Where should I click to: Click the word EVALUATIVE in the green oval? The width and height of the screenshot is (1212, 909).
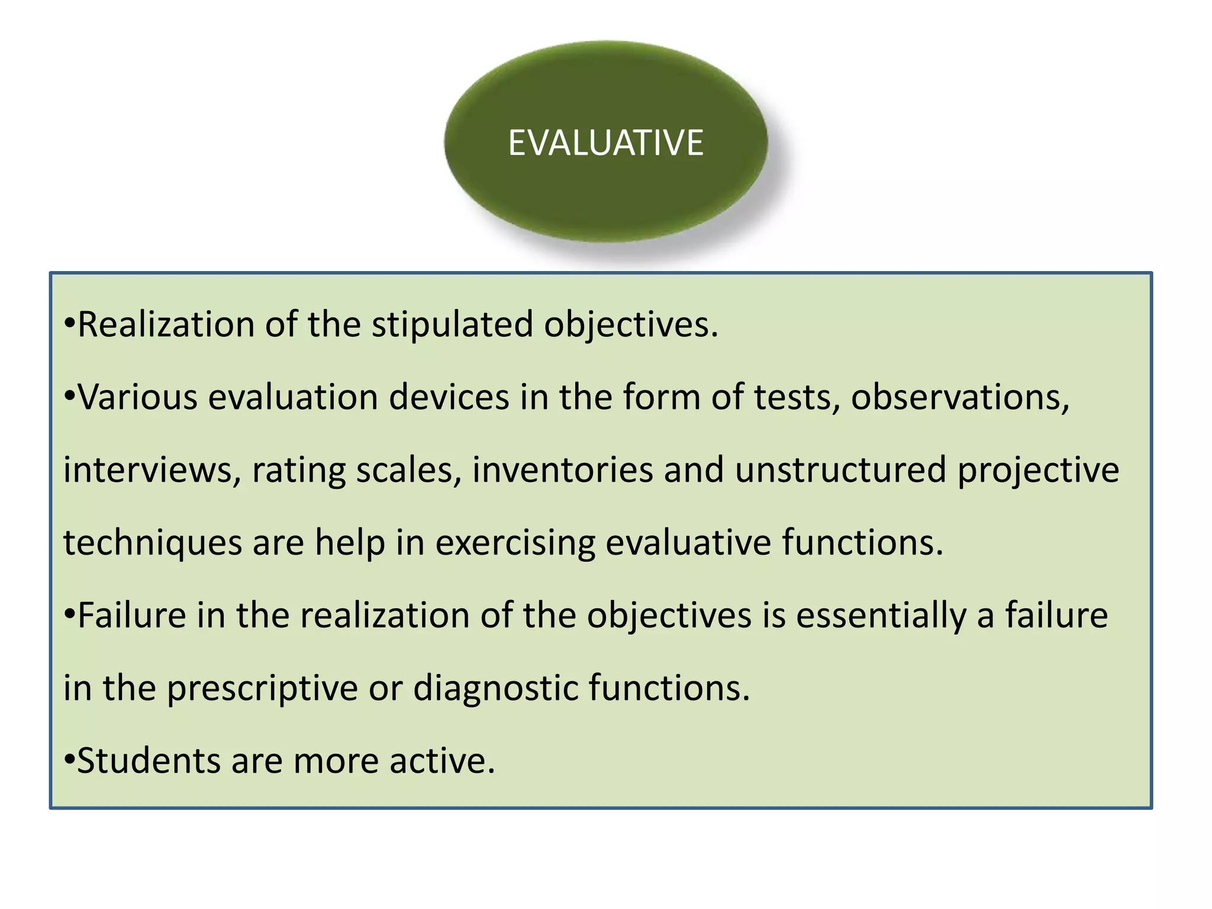(x=605, y=143)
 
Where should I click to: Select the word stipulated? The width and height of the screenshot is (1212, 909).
(x=452, y=325)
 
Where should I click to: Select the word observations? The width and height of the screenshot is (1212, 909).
(x=960, y=397)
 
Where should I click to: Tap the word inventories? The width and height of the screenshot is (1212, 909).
(x=562, y=470)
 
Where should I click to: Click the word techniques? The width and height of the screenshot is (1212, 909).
(x=153, y=543)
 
